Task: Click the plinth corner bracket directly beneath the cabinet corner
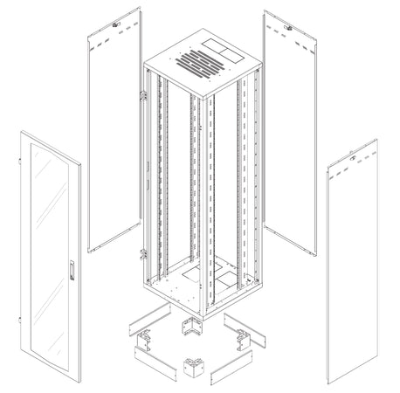[190, 329]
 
